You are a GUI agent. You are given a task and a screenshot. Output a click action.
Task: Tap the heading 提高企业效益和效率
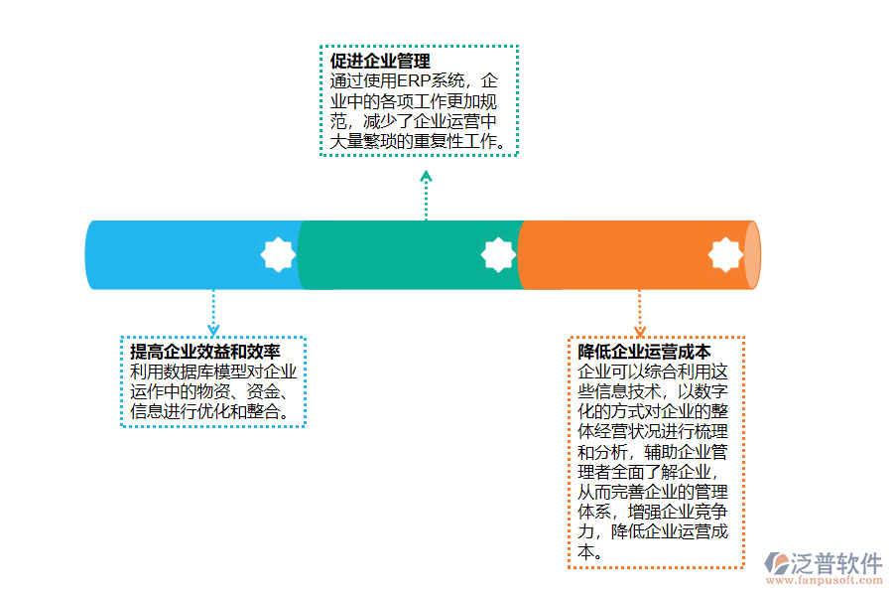(204, 353)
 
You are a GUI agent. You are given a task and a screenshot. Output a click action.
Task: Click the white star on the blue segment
(278, 255)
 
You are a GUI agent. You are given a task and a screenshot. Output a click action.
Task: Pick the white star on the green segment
(498, 255)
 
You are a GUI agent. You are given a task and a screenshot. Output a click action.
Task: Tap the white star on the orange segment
(725, 255)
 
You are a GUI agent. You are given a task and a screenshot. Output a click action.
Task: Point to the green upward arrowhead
(426, 177)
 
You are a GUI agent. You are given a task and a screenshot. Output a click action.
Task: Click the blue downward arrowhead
(212, 329)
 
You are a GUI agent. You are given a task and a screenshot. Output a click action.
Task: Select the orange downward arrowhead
(640, 330)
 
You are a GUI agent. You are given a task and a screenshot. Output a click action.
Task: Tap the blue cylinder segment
(179, 255)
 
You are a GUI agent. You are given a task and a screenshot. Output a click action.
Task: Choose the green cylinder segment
(397, 255)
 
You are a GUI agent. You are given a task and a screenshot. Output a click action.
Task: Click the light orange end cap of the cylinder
(753, 255)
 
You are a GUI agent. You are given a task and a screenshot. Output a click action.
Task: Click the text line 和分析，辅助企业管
(653, 452)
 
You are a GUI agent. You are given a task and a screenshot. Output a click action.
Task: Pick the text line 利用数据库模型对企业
(213, 372)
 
